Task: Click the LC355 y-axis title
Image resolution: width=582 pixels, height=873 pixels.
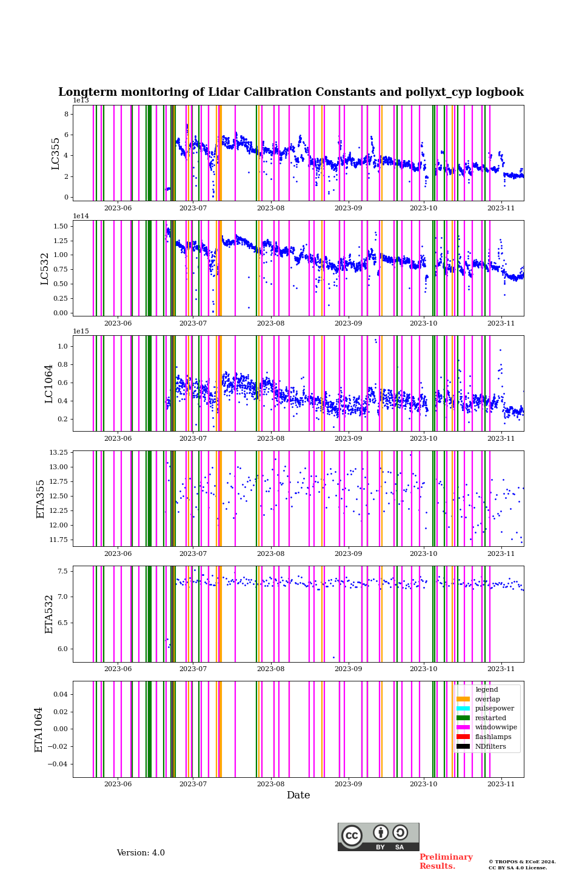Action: point(56,153)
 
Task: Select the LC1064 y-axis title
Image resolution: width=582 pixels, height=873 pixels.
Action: point(48,384)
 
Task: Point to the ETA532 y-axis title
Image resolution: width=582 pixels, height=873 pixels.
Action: point(49,614)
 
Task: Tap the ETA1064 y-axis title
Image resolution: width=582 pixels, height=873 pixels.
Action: point(39,729)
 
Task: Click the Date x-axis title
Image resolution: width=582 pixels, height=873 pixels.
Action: point(298,795)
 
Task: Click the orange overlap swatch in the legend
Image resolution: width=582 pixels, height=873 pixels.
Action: point(463,699)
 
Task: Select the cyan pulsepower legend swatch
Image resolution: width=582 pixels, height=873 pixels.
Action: point(463,709)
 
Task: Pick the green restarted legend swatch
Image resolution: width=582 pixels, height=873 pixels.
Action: point(463,718)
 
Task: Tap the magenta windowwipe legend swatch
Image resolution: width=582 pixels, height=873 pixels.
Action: point(463,727)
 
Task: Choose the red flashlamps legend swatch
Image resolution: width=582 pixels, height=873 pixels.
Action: point(463,737)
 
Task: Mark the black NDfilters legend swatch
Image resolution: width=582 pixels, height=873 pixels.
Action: point(463,746)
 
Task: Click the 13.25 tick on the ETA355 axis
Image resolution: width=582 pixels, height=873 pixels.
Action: point(58,453)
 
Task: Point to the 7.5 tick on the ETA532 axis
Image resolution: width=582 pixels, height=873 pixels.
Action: point(62,571)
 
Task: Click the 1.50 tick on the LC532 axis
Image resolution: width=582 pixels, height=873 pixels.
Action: point(61,226)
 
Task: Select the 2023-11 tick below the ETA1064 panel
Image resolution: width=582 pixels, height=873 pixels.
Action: point(501,784)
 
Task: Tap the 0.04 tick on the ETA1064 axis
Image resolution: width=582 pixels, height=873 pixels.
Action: point(60,694)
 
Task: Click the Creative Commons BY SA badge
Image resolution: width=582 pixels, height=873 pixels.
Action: point(378,837)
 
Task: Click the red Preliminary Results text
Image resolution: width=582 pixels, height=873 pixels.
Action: point(446,861)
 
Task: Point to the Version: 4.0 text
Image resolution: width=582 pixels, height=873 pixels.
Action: point(141,853)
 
